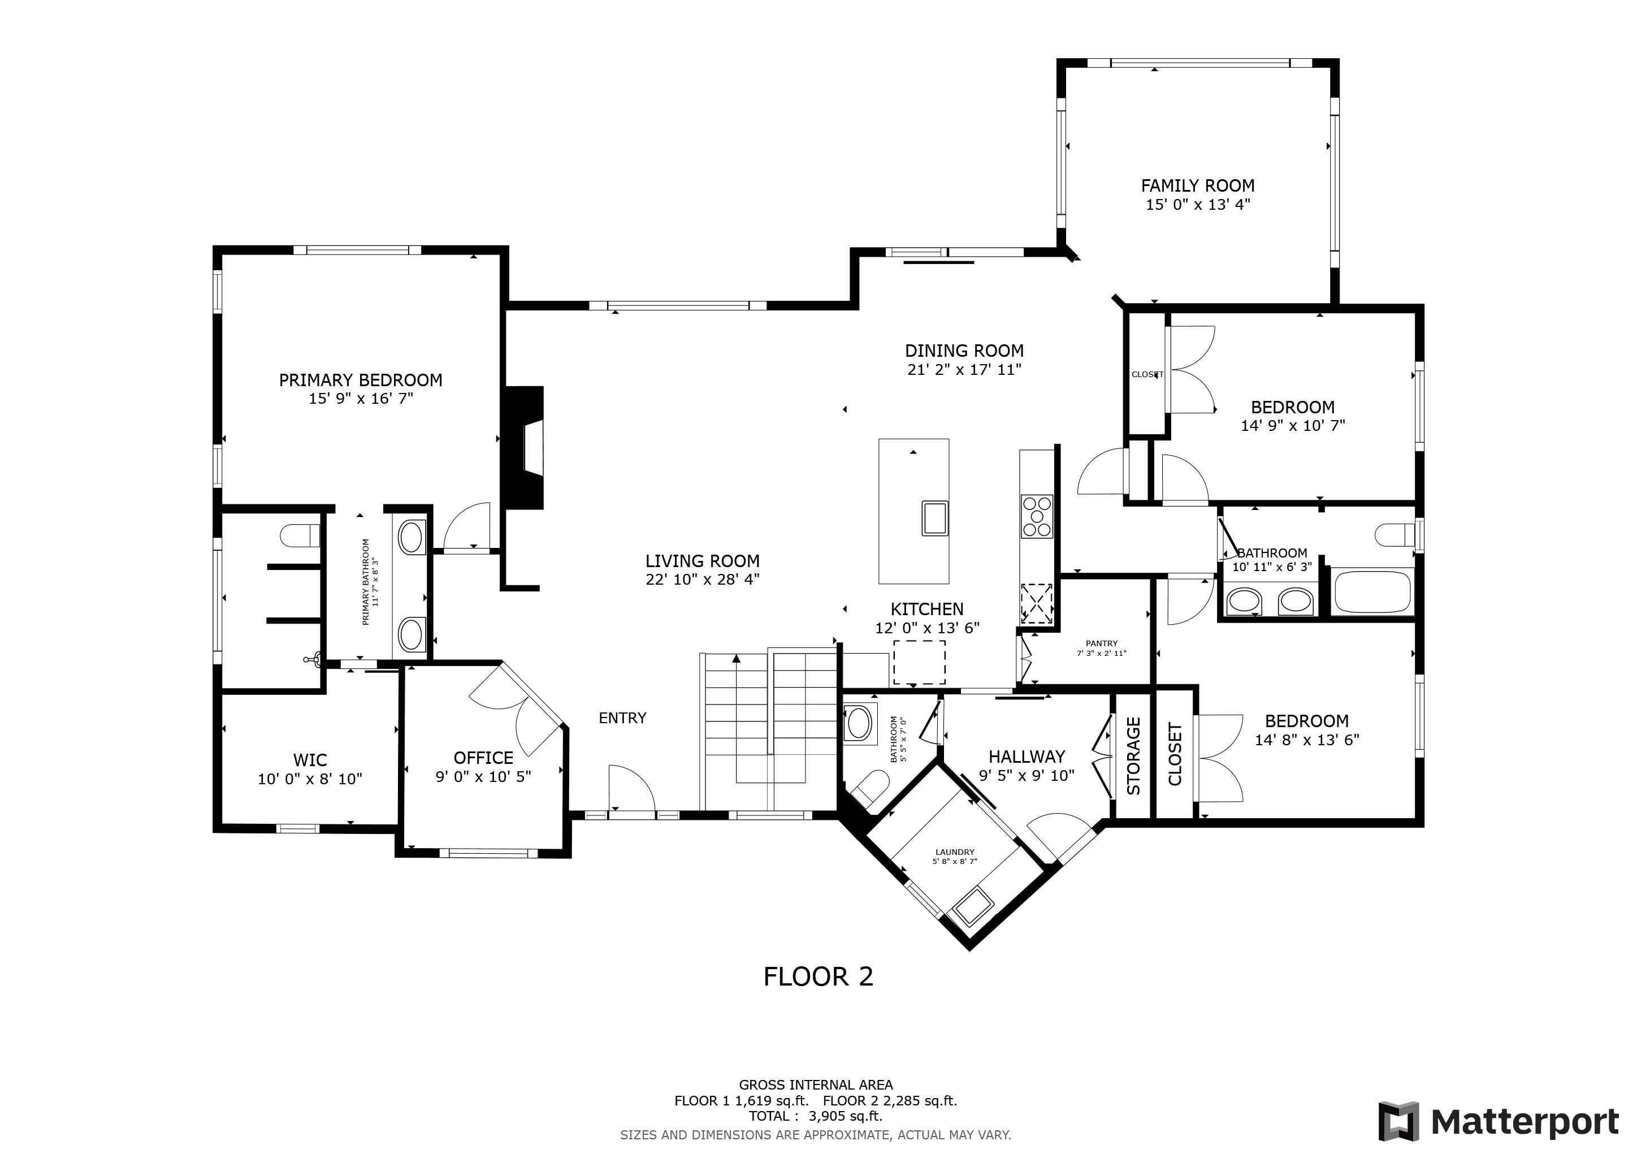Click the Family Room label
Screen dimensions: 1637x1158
tap(1198, 185)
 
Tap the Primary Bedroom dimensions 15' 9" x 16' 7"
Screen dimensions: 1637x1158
tap(361, 399)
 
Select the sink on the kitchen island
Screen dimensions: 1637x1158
tap(935, 518)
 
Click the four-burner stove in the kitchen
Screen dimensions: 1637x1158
tap(1037, 516)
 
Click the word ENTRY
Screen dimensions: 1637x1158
tap(622, 718)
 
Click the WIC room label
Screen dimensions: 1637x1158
tap(310, 760)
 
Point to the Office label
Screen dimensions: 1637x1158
tap(483, 758)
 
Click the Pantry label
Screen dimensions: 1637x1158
tap(1102, 643)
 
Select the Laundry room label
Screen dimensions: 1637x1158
tap(955, 852)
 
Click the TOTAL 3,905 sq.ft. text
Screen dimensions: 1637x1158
tap(816, 1116)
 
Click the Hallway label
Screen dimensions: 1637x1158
tap(1027, 757)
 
